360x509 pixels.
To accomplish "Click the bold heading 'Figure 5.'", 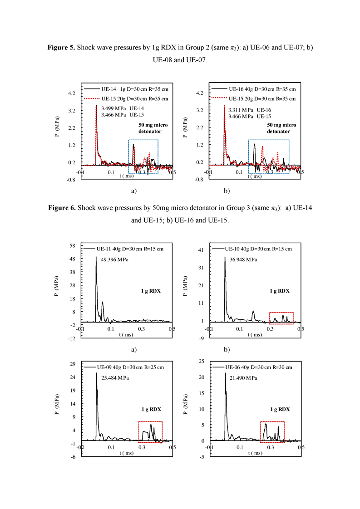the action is pyautogui.click(x=61, y=47).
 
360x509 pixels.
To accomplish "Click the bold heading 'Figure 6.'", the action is pyautogui.click(x=62, y=208).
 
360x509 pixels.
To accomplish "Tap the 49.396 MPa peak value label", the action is pyautogui.click(x=114, y=259).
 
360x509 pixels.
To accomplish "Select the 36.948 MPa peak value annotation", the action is pyautogui.click(x=243, y=259).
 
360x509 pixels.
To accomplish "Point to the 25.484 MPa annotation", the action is pyautogui.click(x=115, y=378).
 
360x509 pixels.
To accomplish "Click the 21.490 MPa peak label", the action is pyautogui.click(x=243, y=378).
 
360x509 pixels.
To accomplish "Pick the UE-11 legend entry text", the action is pyautogui.click(x=130, y=249).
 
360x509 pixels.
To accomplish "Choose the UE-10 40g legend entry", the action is pyautogui.click(x=258, y=249).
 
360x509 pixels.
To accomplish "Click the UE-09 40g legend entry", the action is pyautogui.click(x=130, y=367).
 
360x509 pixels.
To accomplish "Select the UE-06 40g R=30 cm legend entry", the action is pyautogui.click(x=259, y=367).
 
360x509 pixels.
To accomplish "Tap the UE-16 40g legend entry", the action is pyautogui.click(x=262, y=89).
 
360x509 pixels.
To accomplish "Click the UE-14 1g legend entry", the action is pyautogui.click(x=135, y=89).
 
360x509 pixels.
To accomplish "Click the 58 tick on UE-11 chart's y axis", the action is pyautogui.click(x=72, y=246).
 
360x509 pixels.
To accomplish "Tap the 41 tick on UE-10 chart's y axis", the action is pyautogui.click(x=201, y=250).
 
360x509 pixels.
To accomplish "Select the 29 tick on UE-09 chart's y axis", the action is pyautogui.click(x=73, y=364).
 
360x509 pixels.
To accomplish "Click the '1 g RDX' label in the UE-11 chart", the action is pyautogui.click(x=151, y=291).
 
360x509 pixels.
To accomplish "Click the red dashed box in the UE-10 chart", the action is pyautogui.click(x=281, y=313).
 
